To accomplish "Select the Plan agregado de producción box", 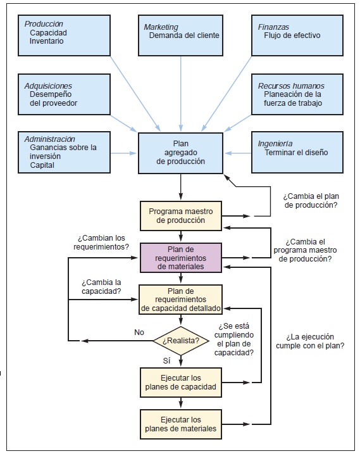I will (181, 153).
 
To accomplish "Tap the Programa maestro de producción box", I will (181, 216).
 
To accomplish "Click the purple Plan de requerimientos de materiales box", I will (181, 258).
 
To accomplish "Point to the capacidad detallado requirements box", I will (181, 300).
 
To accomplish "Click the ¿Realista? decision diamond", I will (181, 341).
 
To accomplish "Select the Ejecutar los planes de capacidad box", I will (181, 382).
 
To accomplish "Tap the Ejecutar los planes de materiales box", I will (181, 424).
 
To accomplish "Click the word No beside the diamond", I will (140, 332).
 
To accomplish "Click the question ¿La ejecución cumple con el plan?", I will (309, 341).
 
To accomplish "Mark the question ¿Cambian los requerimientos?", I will (103, 243).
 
